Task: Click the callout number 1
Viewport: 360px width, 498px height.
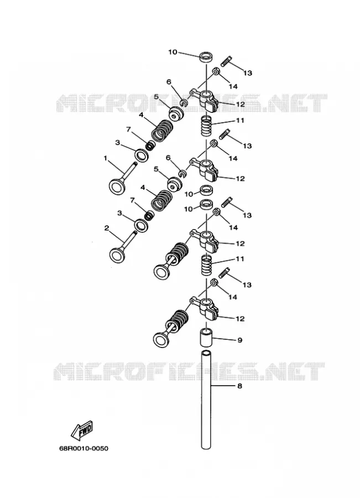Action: [106, 158]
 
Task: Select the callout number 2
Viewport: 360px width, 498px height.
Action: [107, 228]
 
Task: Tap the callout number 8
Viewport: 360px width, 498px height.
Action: [239, 386]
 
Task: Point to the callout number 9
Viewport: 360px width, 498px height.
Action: [239, 340]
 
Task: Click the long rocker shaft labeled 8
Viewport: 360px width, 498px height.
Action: [206, 400]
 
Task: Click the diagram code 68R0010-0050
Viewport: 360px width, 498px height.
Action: [84, 448]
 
